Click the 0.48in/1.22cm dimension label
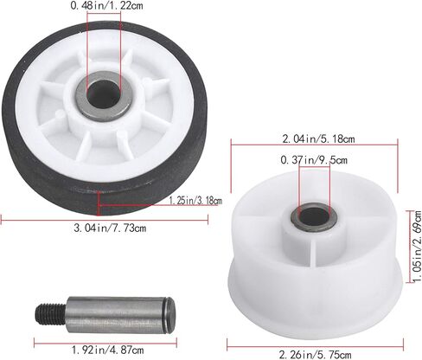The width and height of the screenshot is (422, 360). coord(106,6)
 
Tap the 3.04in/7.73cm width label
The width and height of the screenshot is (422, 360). coord(110,228)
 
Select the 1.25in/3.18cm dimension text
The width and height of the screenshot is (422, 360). coord(195,201)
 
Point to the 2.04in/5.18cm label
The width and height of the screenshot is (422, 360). coord(318,139)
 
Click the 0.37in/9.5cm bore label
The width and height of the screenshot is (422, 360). coord(314,159)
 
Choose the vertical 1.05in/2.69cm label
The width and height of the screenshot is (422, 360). coord(417,247)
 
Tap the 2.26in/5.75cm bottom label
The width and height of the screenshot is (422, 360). coord(315,354)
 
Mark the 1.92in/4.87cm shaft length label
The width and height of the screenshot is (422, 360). coord(107,350)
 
